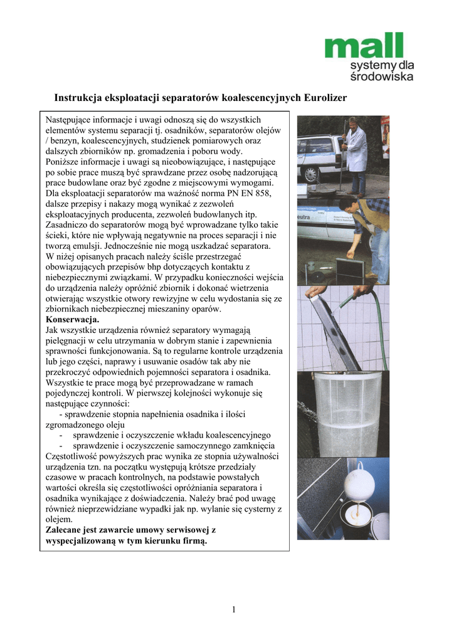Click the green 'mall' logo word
(x=363, y=46)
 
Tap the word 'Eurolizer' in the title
(x=324, y=98)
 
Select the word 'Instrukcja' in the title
(x=81, y=98)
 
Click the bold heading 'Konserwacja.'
(x=73, y=319)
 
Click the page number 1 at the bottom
(x=233, y=609)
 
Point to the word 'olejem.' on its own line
(x=60, y=519)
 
